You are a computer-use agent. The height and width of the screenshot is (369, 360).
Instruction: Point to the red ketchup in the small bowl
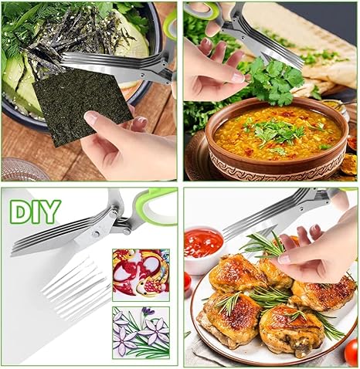(203, 243)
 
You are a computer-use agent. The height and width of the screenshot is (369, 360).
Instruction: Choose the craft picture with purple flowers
(140, 333)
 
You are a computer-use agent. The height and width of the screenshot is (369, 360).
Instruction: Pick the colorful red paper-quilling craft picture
(140, 274)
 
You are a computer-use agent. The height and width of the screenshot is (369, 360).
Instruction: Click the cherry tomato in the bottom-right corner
(352, 352)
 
